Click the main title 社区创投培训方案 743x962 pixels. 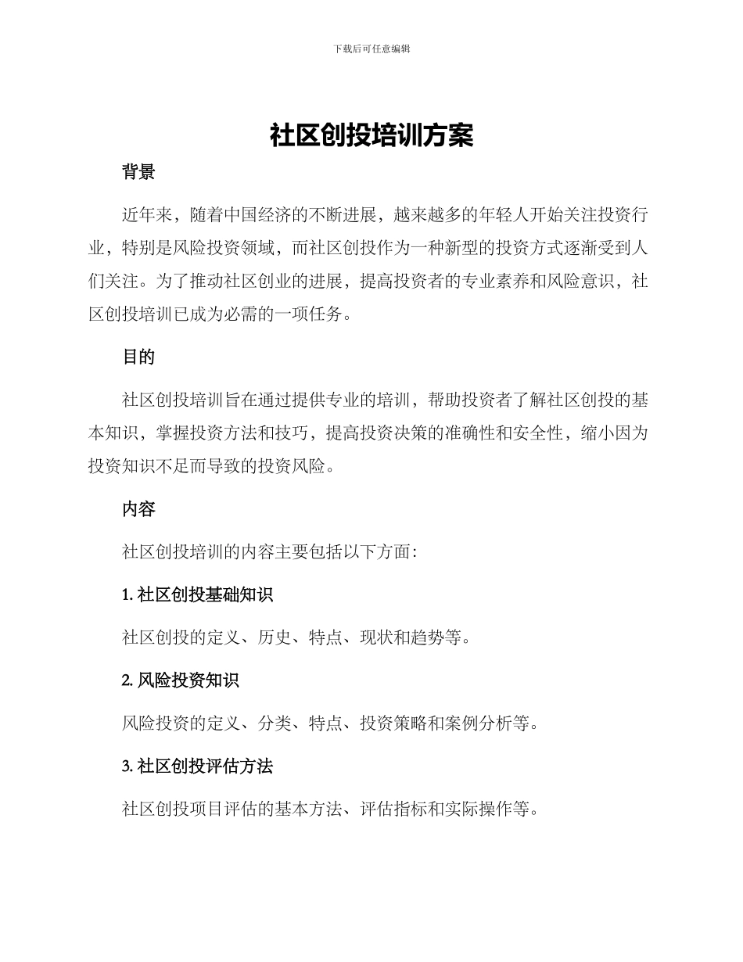click(371, 135)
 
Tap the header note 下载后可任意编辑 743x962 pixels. click(371, 48)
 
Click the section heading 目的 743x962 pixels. click(138, 357)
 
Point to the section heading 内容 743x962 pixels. click(138, 510)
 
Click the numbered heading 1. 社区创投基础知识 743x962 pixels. click(197, 595)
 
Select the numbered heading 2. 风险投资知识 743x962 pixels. click(180, 681)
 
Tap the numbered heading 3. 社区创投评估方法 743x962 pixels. click(197, 766)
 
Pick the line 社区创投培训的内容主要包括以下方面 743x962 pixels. click(270, 552)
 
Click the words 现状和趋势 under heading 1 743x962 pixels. click(402, 638)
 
